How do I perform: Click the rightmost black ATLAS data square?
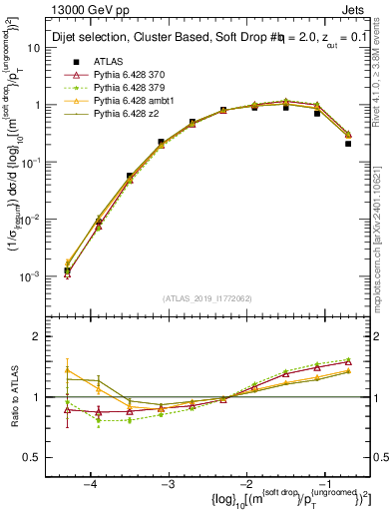[348, 143]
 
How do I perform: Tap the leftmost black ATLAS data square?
[67, 270]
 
